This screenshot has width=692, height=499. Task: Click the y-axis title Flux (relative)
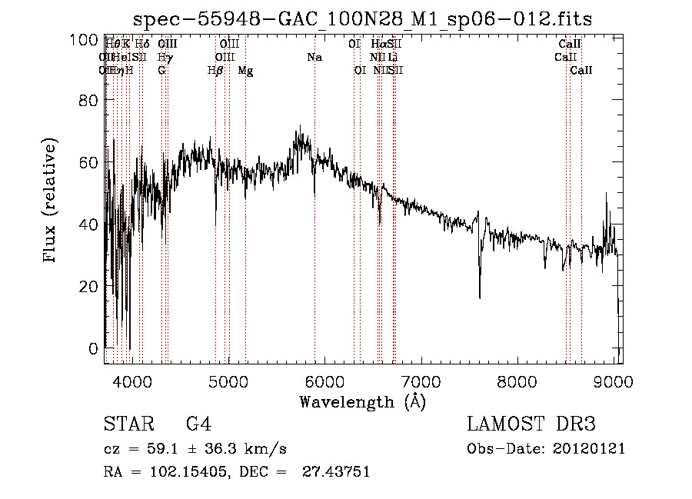pyautogui.click(x=51, y=201)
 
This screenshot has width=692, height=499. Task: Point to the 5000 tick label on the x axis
pyautogui.click(x=228, y=381)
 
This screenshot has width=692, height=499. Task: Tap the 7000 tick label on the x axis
pyautogui.click(x=421, y=381)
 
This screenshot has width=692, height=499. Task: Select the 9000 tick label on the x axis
pyautogui.click(x=613, y=381)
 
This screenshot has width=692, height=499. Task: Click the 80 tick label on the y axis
pyautogui.click(x=89, y=101)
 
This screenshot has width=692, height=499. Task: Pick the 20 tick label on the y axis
pyautogui.click(x=89, y=286)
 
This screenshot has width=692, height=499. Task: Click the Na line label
pyautogui.click(x=314, y=58)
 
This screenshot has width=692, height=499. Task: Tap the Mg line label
pyautogui.click(x=245, y=71)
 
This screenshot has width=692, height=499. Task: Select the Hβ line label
pyautogui.click(x=215, y=71)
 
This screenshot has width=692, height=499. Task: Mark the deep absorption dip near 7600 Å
pyautogui.click(x=480, y=296)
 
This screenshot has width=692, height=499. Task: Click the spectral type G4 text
pyautogui.click(x=198, y=425)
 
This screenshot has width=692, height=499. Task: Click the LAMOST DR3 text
pyautogui.click(x=531, y=425)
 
